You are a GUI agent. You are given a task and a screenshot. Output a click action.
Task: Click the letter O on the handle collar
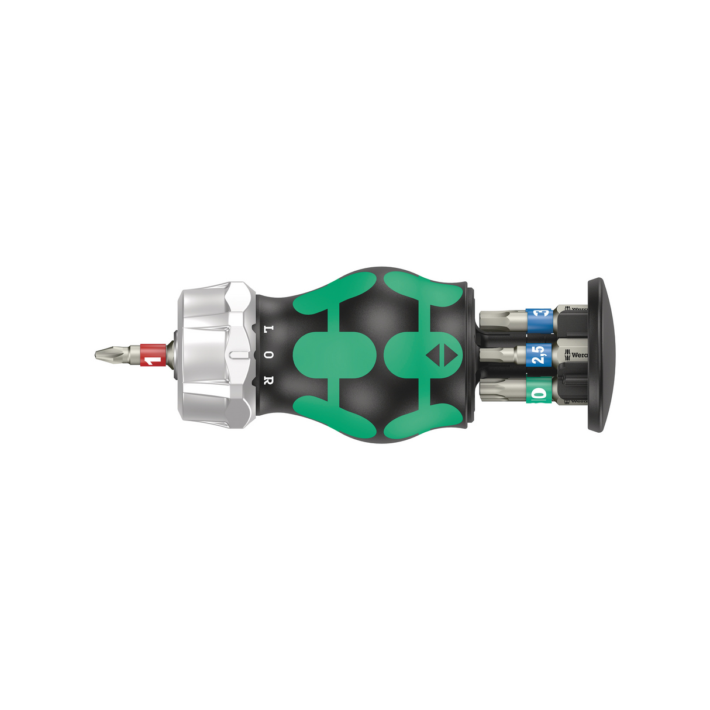point(268,354)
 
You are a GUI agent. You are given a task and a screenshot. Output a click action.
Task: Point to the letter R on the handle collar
point(268,380)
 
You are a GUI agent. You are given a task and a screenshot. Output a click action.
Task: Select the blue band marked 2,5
point(539,354)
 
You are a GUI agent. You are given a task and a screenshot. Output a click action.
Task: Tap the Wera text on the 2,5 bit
point(578,354)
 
